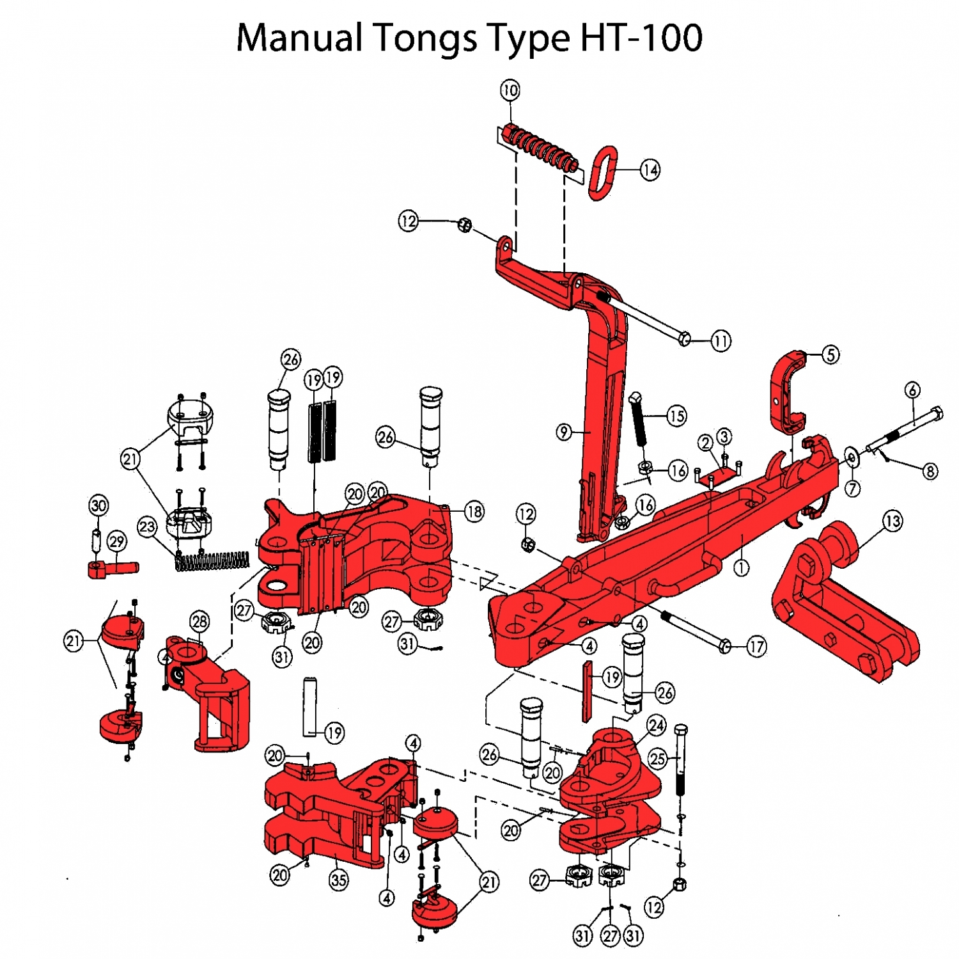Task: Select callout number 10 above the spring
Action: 510,90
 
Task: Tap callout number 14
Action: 650,170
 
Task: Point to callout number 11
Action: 721,341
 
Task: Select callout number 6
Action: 913,390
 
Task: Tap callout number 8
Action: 930,472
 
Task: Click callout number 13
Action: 893,521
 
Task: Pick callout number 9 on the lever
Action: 563,432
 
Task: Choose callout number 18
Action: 474,511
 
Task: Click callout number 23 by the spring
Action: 147,527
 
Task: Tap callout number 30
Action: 98,505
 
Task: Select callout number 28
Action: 199,621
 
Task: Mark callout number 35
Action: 339,880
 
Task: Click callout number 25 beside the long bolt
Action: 658,759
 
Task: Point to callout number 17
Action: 756,647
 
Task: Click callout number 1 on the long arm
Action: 741,567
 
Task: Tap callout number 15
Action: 676,416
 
